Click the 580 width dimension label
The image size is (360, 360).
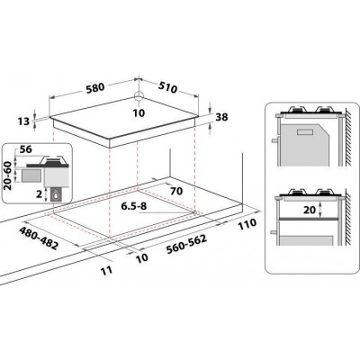(95, 87)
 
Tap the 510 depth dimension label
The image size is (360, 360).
(167, 87)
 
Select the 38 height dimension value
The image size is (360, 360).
(221, 117)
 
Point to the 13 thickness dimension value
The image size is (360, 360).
(23, 121)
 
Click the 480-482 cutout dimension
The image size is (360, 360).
(39, 238)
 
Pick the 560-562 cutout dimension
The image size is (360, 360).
(186, 244)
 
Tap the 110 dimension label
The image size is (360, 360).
(247, 224)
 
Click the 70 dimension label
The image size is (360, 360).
(176, 191)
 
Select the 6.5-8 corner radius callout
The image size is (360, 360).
(133, 206)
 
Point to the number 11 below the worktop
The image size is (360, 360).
(107, 270)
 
